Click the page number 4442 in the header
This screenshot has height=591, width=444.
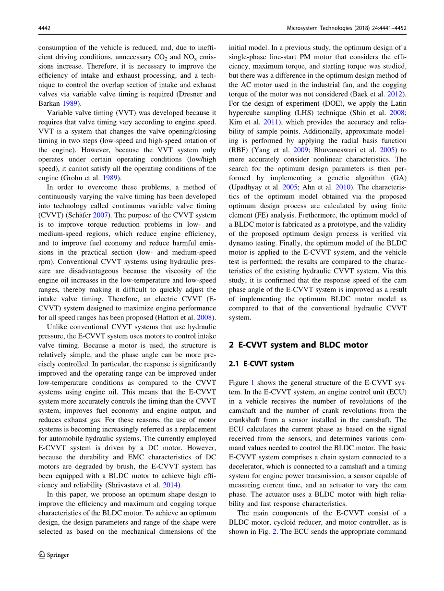point(44,28)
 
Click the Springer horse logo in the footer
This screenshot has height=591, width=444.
point(42,554)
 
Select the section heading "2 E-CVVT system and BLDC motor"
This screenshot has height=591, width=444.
point(298,345)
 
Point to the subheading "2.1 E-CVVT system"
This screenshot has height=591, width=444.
point(261,364)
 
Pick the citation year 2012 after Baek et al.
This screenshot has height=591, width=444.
point(397,94)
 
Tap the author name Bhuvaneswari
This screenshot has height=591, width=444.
point(332,150)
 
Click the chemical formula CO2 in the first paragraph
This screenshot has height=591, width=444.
point(162,57)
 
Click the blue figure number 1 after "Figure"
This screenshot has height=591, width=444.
point(252,382)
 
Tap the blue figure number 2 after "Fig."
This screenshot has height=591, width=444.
point(275,531)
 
